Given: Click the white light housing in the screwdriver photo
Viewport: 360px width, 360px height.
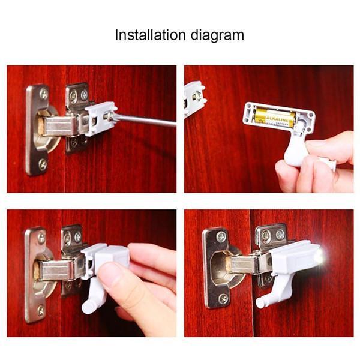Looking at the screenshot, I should (x=100, y=118).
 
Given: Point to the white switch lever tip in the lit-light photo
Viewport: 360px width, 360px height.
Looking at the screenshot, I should (x=260, y=303).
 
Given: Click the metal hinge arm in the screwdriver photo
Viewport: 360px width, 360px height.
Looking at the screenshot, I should (x=60, y=125).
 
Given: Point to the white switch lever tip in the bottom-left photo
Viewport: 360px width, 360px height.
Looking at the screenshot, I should (x=88, y=307).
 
